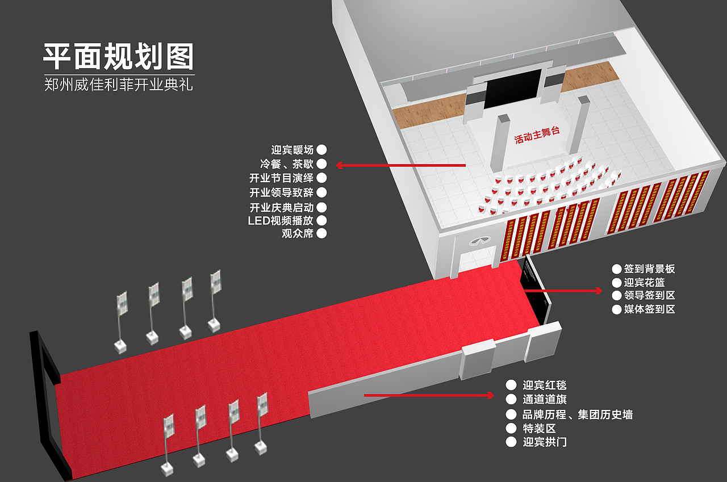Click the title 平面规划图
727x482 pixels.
tap(119, 57)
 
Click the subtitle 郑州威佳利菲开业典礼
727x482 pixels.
tap(119, 85)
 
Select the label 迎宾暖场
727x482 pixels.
tap(293, 150)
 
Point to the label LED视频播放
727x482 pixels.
tap(281, 220)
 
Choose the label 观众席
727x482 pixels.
tap(298, 233)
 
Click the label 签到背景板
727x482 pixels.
tap(649, 269)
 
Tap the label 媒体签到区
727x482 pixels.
tap(649, 309)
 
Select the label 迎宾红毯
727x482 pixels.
tap(544, 385)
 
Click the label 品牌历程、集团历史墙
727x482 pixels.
tap(577, 414)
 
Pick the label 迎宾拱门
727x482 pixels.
tap(544, 442)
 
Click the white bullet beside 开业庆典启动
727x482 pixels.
tap(321, 207)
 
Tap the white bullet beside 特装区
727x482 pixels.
tap(511, 428)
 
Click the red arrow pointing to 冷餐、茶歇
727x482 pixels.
tap(400, 165)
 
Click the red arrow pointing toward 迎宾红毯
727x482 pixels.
tap(429, 395)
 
